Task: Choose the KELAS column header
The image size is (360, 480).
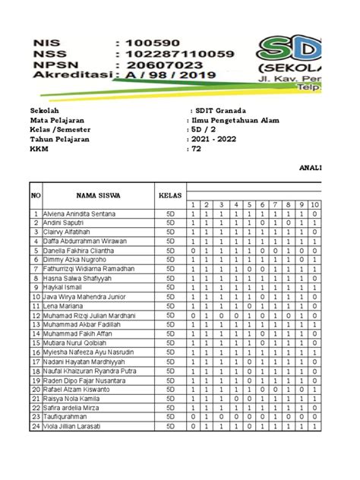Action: pos(170,195)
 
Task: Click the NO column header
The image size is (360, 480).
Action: pos(35,195)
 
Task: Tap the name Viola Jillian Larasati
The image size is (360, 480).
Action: pos(76,427)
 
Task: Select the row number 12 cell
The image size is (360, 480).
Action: pos(35,316)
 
